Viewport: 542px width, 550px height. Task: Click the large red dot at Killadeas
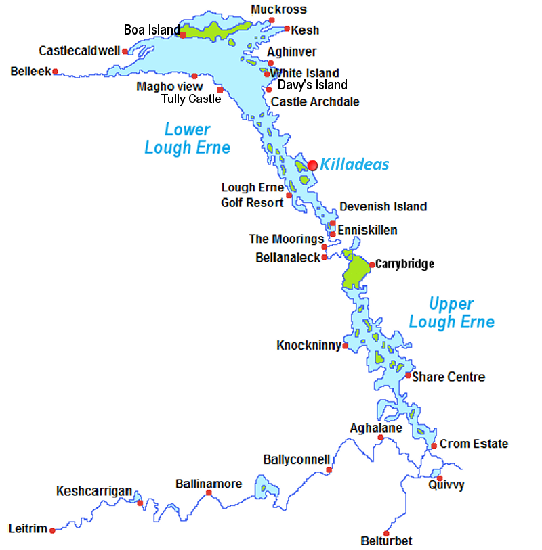coord(312,165)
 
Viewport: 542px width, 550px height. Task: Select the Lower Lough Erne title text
coord(187,139)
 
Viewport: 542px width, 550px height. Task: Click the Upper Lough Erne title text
coord(451,313)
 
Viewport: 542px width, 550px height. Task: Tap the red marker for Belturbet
coord(386,533)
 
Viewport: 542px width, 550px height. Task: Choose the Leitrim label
coord(28,529)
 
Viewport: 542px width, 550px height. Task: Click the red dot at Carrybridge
coord(372,264)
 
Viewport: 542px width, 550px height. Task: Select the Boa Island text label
coord(151,30)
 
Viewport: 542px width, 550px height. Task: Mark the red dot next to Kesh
coord(287,29)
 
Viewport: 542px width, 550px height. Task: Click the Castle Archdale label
coord(315,102)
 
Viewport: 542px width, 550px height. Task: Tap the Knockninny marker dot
coord(346,346)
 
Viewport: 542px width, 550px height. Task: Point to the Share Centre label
coord(449,377)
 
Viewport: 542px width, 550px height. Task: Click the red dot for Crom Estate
coord(434,446)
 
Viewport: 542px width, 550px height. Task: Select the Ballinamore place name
coord(209,484)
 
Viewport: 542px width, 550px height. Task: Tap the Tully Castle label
coord(191,99)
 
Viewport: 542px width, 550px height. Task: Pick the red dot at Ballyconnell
coord(329,469)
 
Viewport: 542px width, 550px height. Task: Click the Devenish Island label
coord(383,207)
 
